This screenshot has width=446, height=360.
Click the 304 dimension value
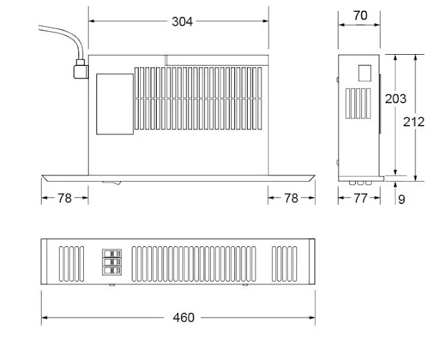[x=182, y=22]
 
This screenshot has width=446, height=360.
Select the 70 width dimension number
[x=359, y=15]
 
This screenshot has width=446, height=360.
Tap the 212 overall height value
[x=415, y=121]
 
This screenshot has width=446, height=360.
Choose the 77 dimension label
[x=359, y=198]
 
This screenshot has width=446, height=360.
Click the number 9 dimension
[x=402, y=199]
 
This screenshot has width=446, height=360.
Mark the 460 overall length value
[x=183, y=318]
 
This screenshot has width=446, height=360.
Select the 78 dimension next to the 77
[x=291, y=198]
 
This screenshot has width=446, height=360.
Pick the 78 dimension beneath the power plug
[x=65, y=198]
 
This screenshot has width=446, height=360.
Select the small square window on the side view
[x=364, y=73]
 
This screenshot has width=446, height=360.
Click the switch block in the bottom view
[x=111, y=263]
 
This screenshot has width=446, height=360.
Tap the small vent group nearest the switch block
[x=71, y=264]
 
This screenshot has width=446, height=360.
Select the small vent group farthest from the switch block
[x=284, y=264]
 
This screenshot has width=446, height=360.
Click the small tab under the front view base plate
[x=112, y=183]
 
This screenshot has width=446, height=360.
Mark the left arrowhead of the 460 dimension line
[x=44, y=318]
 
